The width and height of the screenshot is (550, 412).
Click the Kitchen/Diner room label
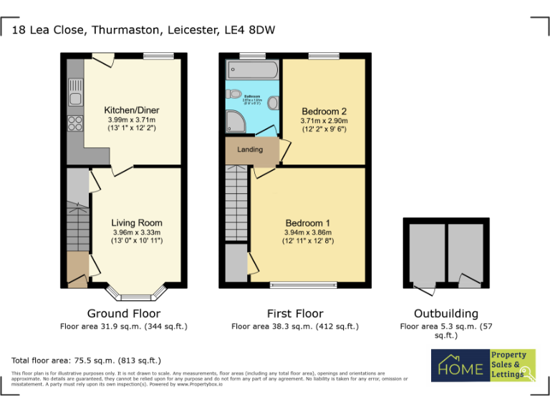[x=130, y=110]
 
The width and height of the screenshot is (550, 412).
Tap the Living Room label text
[x=136, y=223]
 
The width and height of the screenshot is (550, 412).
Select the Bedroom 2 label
[x=324, y=112]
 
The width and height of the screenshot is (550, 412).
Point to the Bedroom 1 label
[x=307, y=222]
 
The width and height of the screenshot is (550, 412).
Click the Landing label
[x=250, y=149]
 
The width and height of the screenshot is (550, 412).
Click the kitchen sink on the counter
[x=75, y=93]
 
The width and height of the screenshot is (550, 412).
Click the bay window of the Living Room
[x=136, y=293]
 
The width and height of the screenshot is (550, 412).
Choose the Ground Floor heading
[x=123, y=313]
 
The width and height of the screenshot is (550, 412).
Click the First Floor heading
[x=295, y=313]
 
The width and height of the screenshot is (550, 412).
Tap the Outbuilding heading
[x=445, y=313]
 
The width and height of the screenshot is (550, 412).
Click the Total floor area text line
[x=86, y=360]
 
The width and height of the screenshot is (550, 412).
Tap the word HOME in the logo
[x=460, y=368]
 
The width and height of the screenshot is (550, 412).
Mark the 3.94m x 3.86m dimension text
[x=307, y=232]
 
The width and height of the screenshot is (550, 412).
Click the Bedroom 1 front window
[x=303, y=285]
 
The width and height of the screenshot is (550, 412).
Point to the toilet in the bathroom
[x=236, y=94]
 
